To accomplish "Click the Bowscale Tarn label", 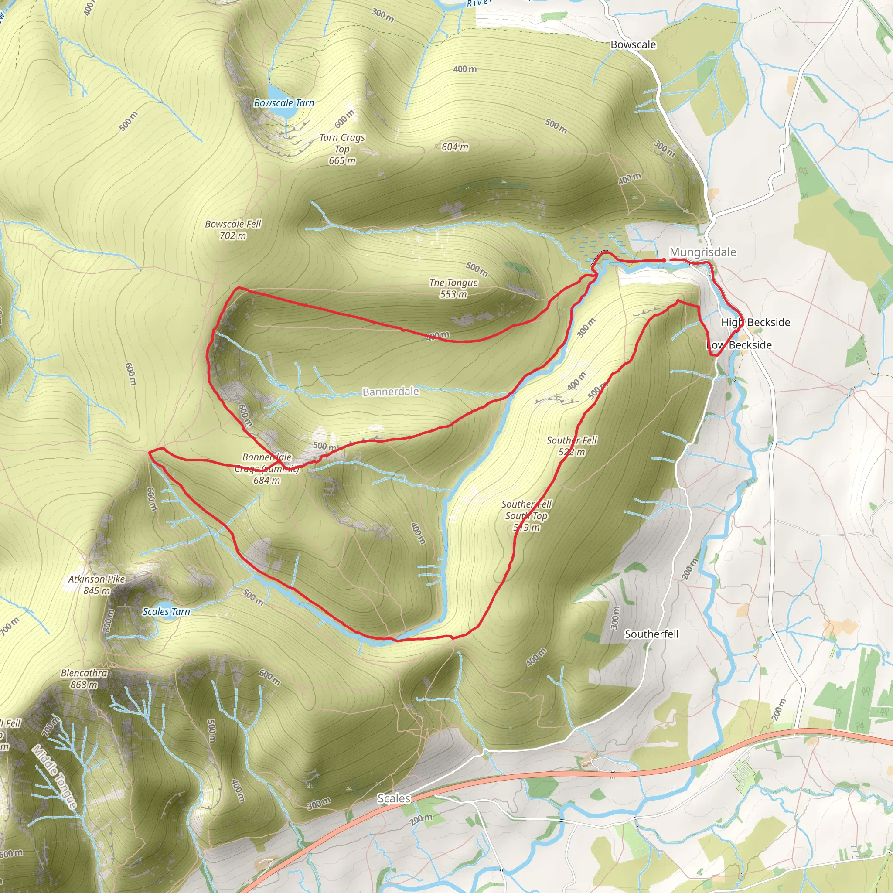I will click(284, 103).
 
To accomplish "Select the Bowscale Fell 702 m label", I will click(233, 230).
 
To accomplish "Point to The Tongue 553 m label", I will click(453, 288).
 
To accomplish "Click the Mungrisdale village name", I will click(702, 252).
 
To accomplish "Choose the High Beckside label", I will click(756, 322).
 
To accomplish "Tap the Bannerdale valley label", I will click(391, 392).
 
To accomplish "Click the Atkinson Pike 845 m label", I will click(97, 585).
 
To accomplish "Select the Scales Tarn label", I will click(167, 611).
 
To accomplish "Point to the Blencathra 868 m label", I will click(84, 678).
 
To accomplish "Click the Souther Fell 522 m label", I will click(572, 446).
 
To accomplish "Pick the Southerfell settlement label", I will click(651, 634).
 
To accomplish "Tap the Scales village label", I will click(394, 798).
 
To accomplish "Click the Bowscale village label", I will click(633, 44).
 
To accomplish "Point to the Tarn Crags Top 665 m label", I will click(342, 149).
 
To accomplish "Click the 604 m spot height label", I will click(455, 147).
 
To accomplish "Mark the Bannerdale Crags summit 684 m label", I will click(267, 469).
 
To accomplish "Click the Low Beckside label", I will click(739, 345).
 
